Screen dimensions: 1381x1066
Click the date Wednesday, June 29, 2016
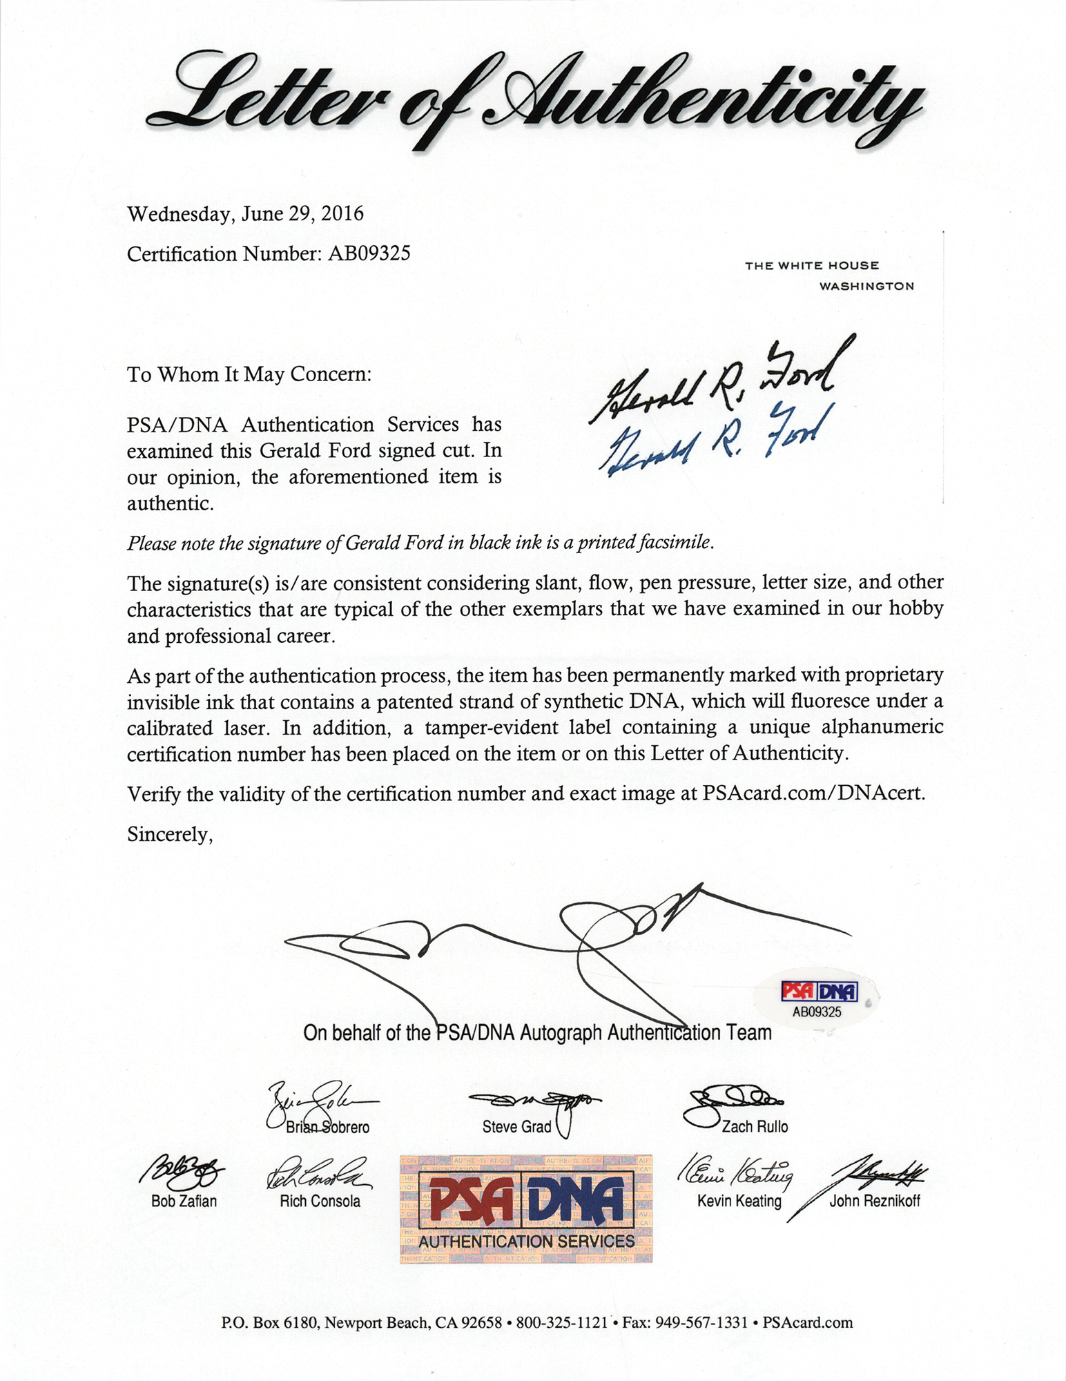click(x=245, y=214)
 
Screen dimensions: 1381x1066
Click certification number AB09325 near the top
click(x=369, y=254)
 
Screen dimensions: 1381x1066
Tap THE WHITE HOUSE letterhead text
click(x=812, y=266)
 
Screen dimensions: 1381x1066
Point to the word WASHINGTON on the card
click(x=866, y=286)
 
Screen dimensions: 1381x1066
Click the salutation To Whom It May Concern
click(x=249, y=375)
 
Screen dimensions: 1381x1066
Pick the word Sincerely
click(x=170, y=835)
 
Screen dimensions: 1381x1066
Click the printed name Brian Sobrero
click(x=328, y=1127)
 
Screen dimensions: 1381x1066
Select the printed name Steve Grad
click(x=516, y=1127)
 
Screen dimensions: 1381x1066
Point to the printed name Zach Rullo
click(x=755, y=1127)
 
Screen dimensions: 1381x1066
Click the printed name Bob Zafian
click(x=184, y=1201)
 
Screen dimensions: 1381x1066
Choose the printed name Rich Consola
click(x=320, y=1201)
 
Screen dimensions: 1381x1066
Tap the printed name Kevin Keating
click(x=739, y=1201)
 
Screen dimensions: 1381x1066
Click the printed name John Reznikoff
click(x=875, y=1201)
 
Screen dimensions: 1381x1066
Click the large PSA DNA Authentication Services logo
click(x=526, y=1208)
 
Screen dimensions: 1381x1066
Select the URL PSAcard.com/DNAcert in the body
click(x=813, y=793)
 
